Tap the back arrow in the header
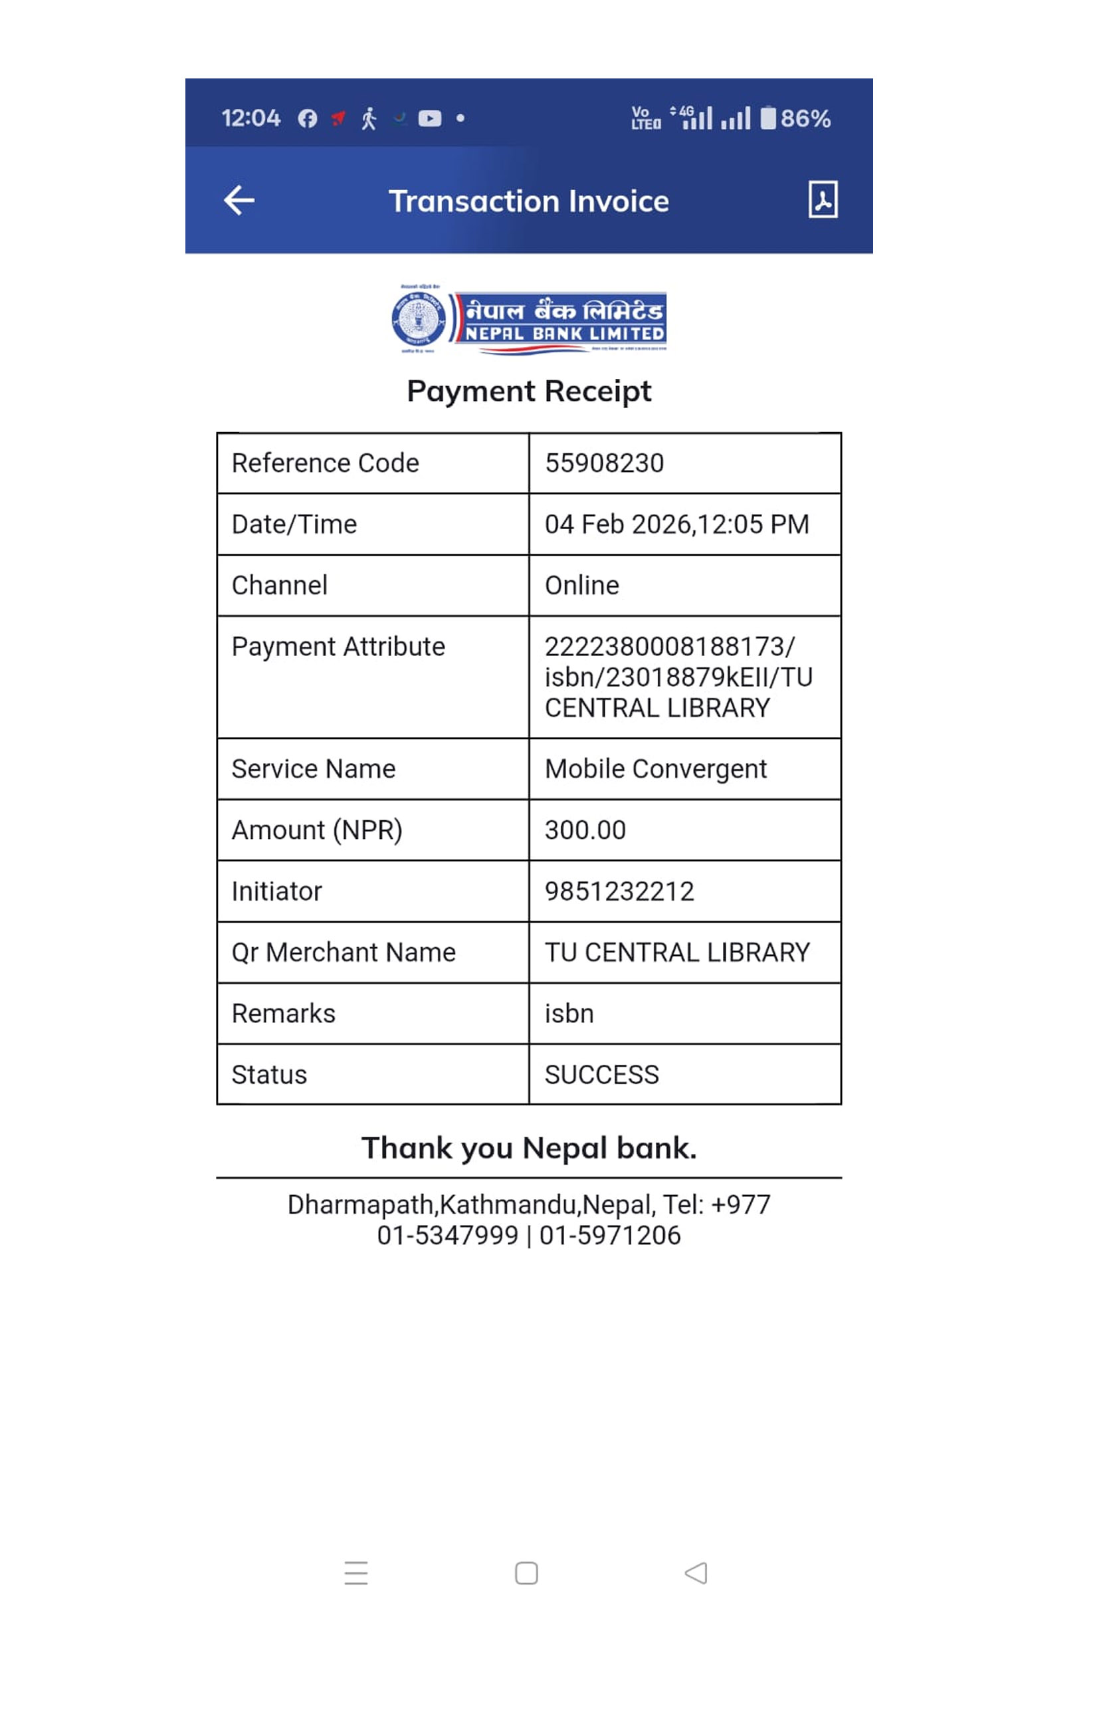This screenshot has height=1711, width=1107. click(239, 201)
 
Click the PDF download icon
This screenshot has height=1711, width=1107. click(823, 199)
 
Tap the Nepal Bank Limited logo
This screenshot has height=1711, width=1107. click(529, 319)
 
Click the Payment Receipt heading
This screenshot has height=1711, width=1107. click(529, 391)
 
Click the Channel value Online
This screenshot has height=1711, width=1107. click(581, 586)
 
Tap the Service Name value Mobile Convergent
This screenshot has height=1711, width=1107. click(656, 769)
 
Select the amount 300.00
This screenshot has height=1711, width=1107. click(585, 830)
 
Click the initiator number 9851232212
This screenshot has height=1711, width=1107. click(619, 891)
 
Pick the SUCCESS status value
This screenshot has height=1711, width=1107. click(601, 1075)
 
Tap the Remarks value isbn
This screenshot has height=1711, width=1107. click(569, 1014)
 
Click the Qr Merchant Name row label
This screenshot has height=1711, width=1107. click(344, 953)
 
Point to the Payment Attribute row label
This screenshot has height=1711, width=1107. click(338, 647)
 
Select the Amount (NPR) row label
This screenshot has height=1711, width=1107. click(316, 830)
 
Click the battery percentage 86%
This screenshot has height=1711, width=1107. click(805, 118)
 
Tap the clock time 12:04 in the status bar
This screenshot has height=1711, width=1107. click(250, 118)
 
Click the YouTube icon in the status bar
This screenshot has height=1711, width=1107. click(429, 118)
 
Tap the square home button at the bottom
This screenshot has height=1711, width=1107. click(526, 1573)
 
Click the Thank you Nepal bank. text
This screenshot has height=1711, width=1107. click(529, 1148)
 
